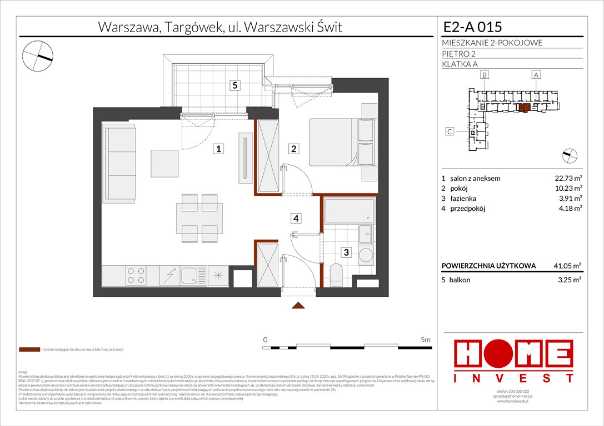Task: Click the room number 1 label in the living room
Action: pos(220,149)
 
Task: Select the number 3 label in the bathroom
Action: pos(346,253)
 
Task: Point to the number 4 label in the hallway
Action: pos(297,219)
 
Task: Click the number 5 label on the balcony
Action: pos(236,85)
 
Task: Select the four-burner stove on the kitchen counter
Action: pos(136,275)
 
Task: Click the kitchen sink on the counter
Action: pos(190,275)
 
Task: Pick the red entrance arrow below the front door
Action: pos(298,306)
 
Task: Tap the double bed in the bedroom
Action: pos(332,142)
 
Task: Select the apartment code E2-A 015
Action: pos(473,27)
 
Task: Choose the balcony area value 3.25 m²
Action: pos(570,280)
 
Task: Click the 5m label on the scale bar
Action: pos(426,339)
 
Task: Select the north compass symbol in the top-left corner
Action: pos(38,55)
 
